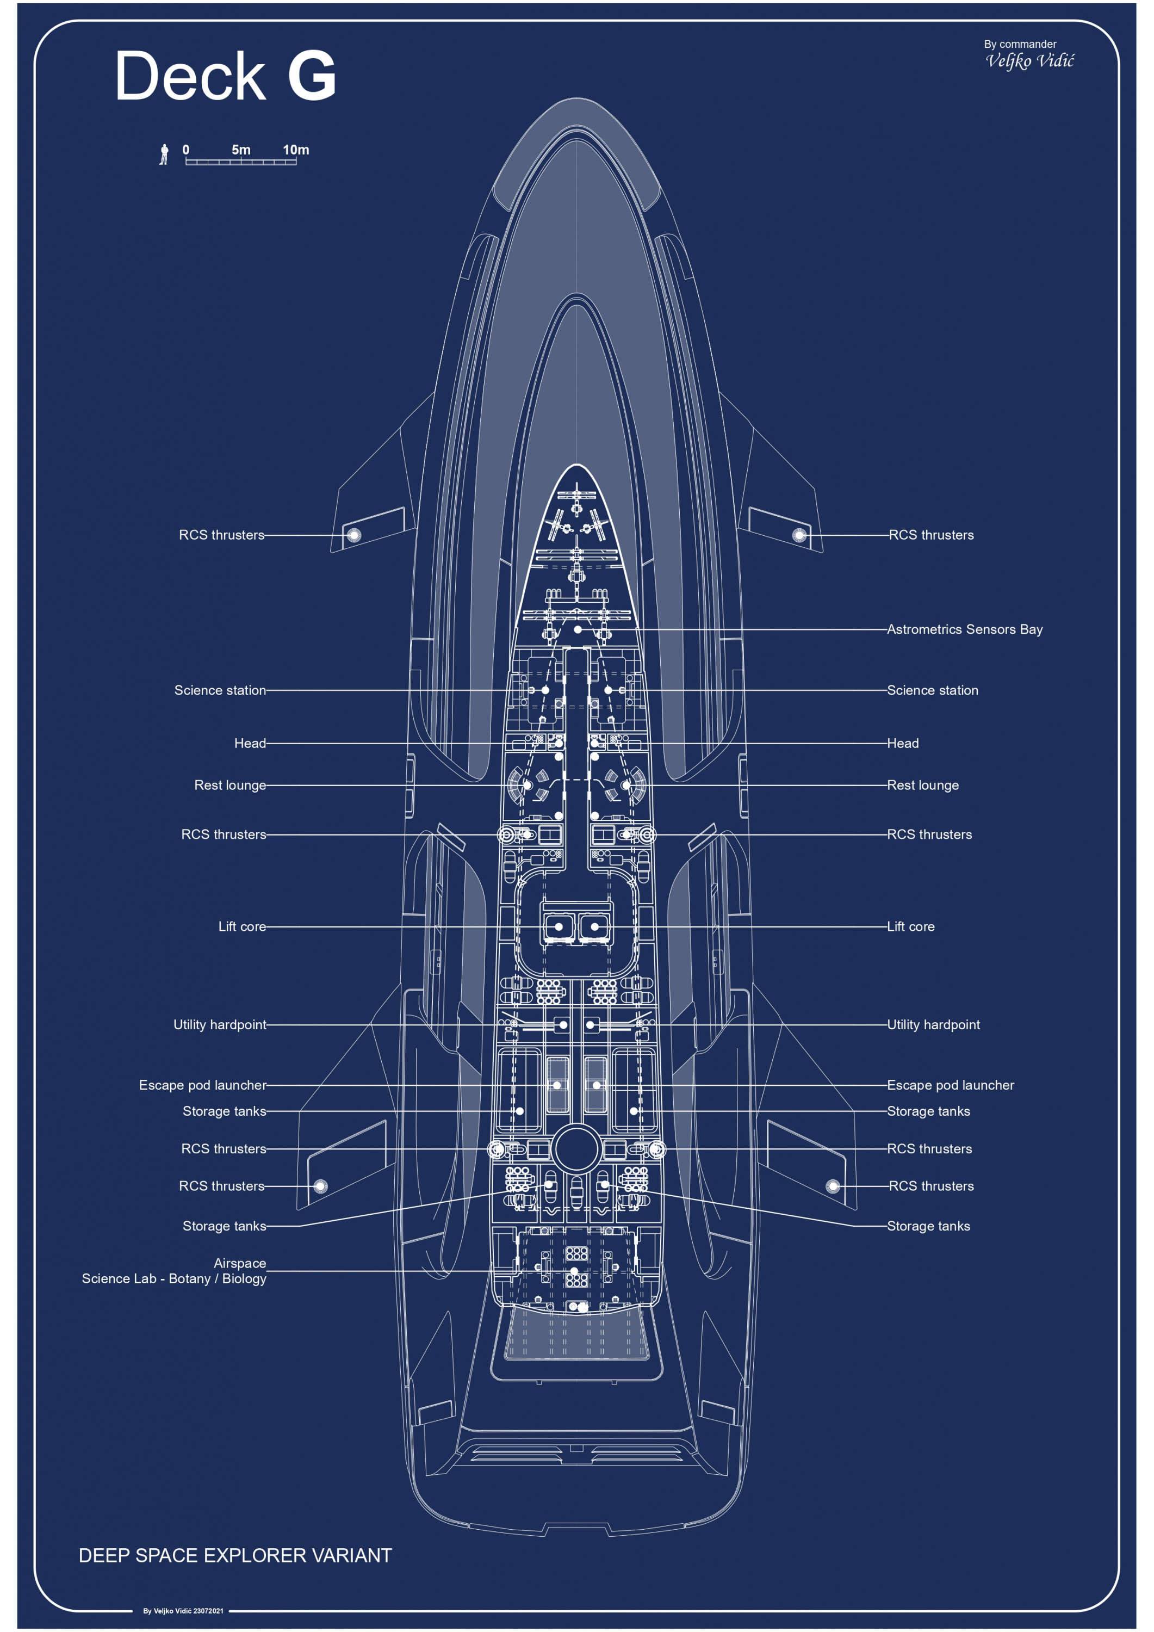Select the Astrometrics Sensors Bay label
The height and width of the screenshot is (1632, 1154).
point(964,629)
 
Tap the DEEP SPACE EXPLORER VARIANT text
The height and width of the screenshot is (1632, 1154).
point(235,1555)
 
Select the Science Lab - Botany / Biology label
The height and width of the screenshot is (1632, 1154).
point(174,1279)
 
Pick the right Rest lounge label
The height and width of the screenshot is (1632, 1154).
point(922,785)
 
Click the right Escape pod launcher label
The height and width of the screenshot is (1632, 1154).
point(950,1085)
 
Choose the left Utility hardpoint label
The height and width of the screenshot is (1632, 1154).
point(220,1024)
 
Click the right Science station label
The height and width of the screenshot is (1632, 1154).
point(932,690)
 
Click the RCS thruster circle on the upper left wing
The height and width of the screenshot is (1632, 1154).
point(354,535)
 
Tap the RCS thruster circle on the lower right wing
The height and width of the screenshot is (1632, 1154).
point(833,1185)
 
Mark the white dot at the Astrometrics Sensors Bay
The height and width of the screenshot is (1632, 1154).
point(578,630)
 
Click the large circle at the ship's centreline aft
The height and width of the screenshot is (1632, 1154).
point(576,1148)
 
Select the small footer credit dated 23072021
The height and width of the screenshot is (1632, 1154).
point(183,1611)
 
